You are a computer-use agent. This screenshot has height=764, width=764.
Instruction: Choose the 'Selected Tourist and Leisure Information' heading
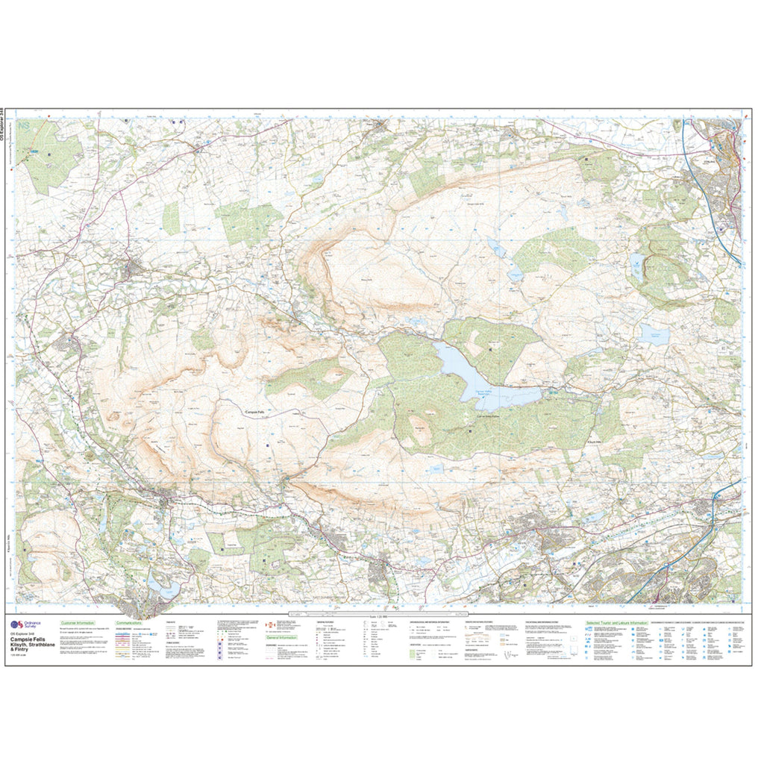[x=616, y=622]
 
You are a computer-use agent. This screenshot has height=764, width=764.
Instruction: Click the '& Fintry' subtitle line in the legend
[x=21, y=650]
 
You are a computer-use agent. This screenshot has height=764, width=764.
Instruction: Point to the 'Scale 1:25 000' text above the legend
[x=383, y=617]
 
